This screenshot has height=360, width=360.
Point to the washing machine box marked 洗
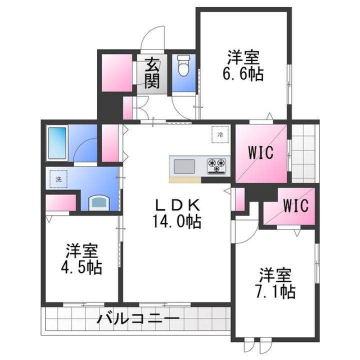[58, 179]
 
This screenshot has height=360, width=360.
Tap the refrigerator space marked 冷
[219, 134]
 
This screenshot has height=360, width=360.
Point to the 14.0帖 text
[177, 221]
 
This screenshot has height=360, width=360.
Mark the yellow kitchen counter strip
[185, 179]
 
